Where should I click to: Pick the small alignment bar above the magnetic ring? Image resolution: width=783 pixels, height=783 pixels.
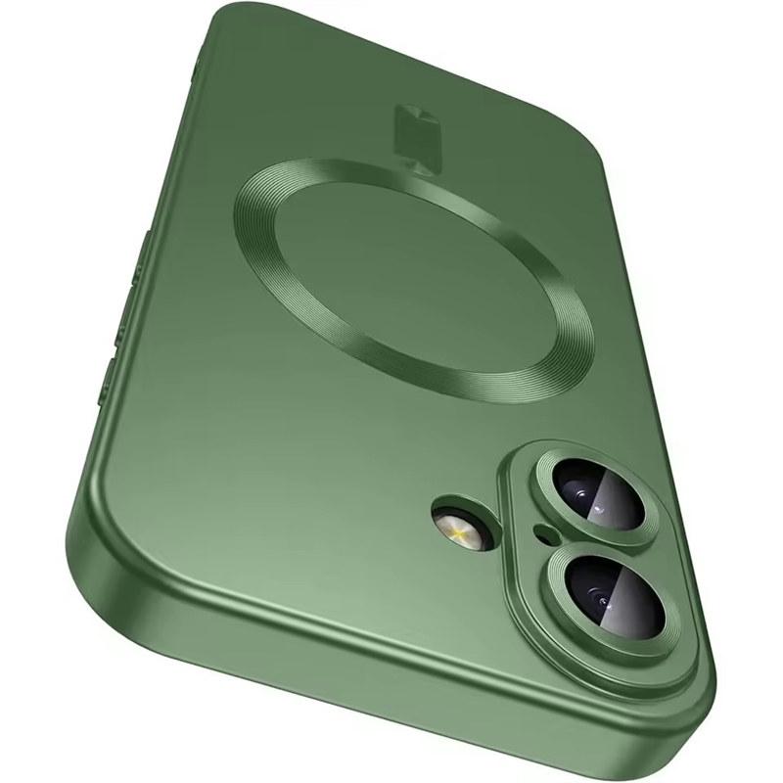[407, 128]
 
